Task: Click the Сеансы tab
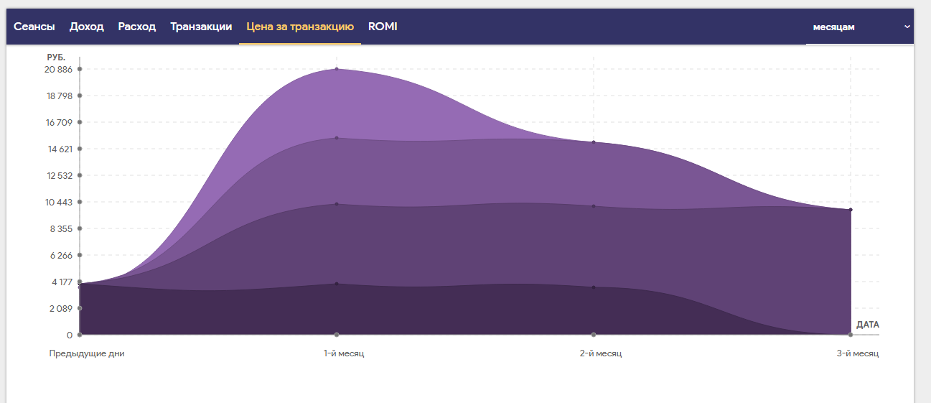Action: click(34, 27)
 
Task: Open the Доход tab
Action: click(87, 27)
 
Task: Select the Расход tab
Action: click(137, 27)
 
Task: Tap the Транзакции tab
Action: click(201, 27)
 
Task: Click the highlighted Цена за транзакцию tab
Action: click(300, 27)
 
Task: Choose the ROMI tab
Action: click(383, 27)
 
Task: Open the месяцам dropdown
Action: click(859, 27)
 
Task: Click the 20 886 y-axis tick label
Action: click(58, 69)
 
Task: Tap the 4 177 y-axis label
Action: click(62, 282)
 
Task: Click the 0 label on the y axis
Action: click(70, 335)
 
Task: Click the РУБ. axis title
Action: click(56, 57)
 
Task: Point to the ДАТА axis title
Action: click(867, 325)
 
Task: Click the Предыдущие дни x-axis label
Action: click(87, 353)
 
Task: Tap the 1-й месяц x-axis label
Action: click(344, 353)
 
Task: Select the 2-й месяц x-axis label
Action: click(601, 353)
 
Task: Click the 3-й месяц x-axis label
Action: click(857, 353)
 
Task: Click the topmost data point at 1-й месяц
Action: click(337, 69)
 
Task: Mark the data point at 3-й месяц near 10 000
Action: click(851, 210)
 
